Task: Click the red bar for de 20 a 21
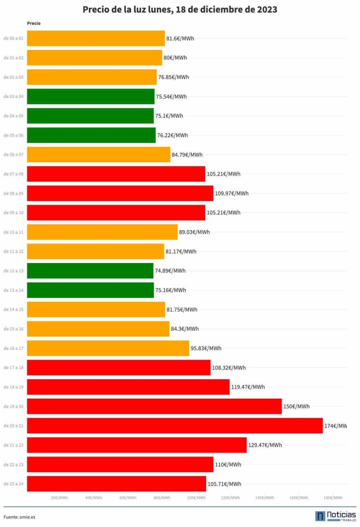[175, 426]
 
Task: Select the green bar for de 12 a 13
[90, 271]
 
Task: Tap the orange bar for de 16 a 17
[108, 348]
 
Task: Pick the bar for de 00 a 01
[96, 38]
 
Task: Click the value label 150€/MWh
[296, 406]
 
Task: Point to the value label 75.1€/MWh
[169, 116]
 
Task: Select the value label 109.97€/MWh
[232, 193]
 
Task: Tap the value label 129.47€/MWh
[265, 445]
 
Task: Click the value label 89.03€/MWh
[194, 232]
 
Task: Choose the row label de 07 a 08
[14, 174]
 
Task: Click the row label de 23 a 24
[14, 484]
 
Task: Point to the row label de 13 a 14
[14, 290]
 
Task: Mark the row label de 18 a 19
[14, 387]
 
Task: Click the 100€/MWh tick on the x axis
[196, 498]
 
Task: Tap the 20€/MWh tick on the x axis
[59, 498]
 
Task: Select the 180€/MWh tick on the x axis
[333, 498]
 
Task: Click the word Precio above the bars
[33, 23]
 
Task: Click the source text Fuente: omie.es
[19, 517]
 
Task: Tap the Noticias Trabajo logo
[335, 516]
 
